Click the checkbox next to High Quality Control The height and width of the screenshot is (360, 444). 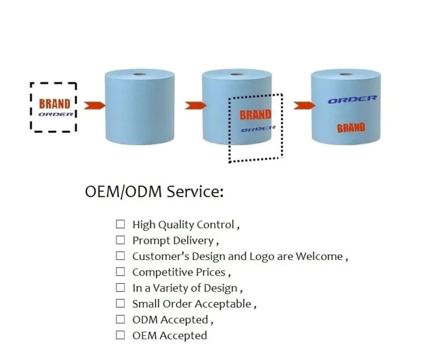(x=120, y=224)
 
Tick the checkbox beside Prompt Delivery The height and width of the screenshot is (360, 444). (x=120, y=240)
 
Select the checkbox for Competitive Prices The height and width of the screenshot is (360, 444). (x=120, y=272)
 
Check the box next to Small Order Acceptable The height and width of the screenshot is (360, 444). (x=120, y=303)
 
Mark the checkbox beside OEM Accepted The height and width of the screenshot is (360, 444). (x=120, y=335)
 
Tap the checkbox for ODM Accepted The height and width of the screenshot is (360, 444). (x=120, y=319)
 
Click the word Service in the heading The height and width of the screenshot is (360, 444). (x=194, y=192)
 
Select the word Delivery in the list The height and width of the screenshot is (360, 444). (x=194, y=240)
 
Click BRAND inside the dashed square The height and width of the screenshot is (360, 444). (x=54, y=104)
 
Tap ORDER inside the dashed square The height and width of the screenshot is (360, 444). (x=55, y=114)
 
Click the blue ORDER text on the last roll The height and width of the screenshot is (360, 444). (x=352, y=99)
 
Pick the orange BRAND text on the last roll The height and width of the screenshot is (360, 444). (x=351, y=128)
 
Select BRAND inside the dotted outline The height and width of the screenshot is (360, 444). (x=256, y=114)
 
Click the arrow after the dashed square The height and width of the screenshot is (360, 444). (x=94, y=105)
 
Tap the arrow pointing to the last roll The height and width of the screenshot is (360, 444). (x=303, y=105)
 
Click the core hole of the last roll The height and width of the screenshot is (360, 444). (x=346, y=74)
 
